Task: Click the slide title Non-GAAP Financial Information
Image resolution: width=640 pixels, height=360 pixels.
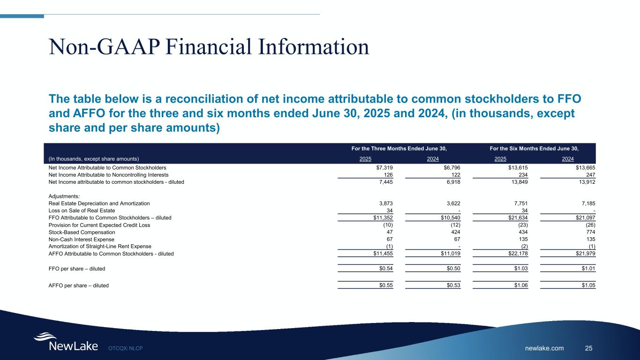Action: click(209, 47)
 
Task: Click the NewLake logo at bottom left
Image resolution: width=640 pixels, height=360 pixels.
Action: click(65, 343)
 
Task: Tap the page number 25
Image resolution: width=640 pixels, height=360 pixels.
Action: click(589, 348)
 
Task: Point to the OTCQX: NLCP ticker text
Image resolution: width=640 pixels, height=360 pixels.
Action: click(125, 348)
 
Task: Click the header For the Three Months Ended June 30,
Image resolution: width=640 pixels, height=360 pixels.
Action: click(399, 149)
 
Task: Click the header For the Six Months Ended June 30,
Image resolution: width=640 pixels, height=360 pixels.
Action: click(534, 149)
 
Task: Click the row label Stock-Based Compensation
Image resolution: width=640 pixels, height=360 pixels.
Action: click(82, 232)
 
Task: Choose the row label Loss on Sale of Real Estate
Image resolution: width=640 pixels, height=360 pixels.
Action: click(82, 210)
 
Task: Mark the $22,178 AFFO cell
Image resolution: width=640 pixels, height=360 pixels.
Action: click(516, 254)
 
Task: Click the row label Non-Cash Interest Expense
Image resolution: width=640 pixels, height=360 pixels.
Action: click(78, 239)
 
